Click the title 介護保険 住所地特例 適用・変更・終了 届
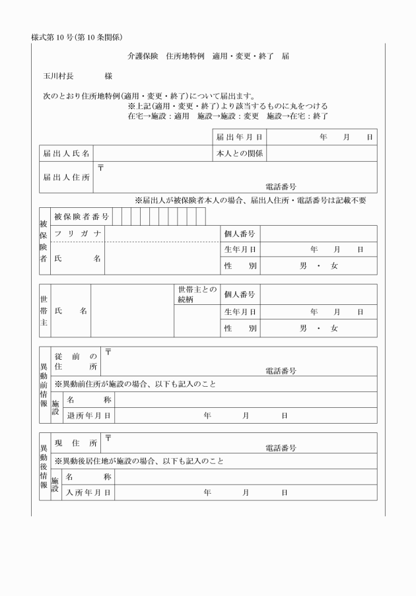[208, 56]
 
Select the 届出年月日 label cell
[239, 137]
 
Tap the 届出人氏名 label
[65, 154]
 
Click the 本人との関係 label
[239, 154]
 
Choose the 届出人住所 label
[65, 177]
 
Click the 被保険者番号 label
[82, 216]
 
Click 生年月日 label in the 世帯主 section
[240, 312]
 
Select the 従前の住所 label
[75, 361]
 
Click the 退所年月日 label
[88, 416]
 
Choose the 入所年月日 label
[88, 492]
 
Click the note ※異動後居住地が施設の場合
[139, 461]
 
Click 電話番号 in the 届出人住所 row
[281, 187]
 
